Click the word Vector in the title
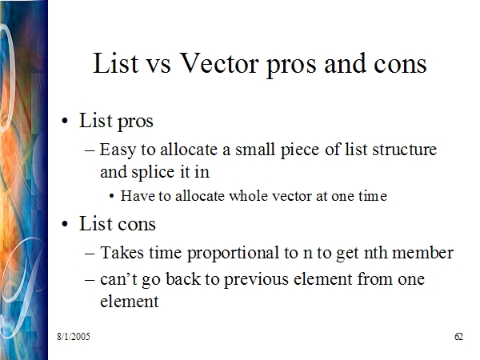coord(219,63)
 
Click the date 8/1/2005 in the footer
coord(74,337)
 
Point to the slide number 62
coord(458,337)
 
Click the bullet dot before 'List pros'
coord(65,122)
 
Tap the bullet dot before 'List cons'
coord(65,224)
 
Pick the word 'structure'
coord(404,150)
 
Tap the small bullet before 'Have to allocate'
coord(112,197)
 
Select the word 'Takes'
coord(122,253)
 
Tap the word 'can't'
coord(118,279)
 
